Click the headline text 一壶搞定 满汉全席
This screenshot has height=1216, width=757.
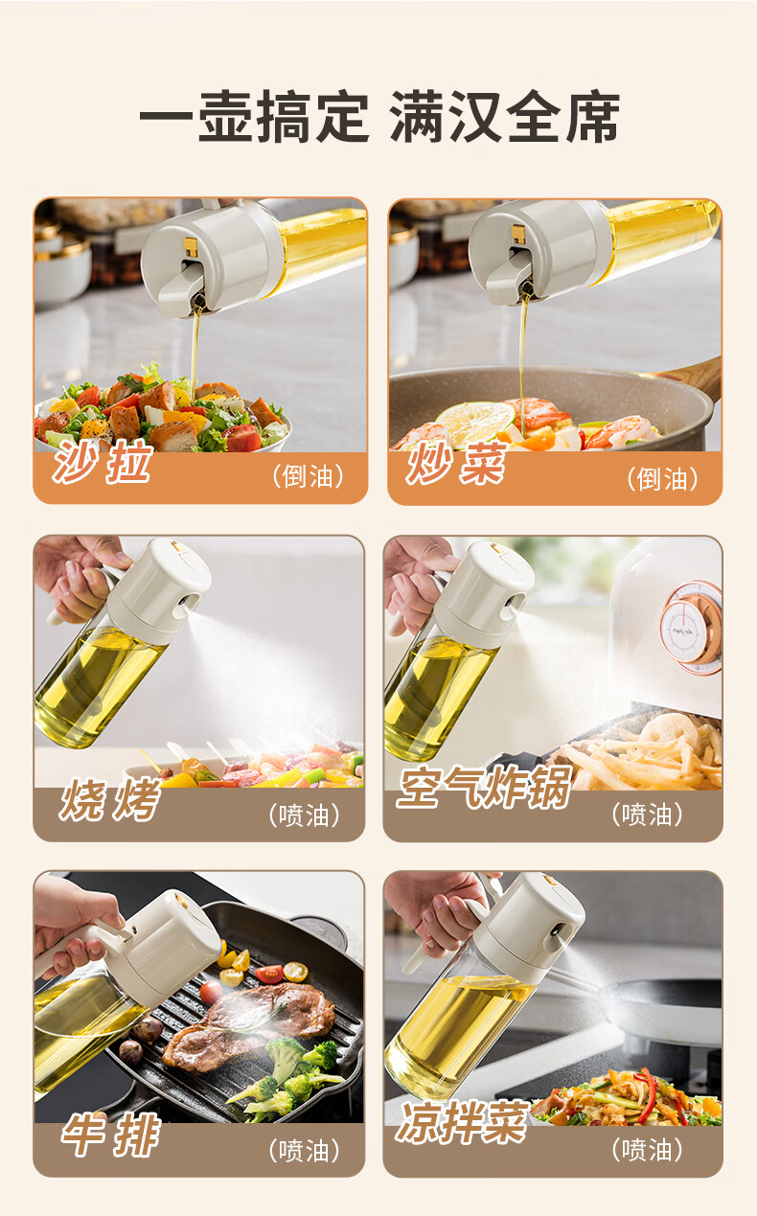tap(379, 117)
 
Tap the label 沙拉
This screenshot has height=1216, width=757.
tap(102, 462)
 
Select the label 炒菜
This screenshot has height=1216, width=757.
tap(456, 463)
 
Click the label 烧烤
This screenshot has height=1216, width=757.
tap(110, 799)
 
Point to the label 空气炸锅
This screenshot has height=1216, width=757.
tap(485, 787)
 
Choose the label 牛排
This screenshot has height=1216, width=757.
tap(110, 1135)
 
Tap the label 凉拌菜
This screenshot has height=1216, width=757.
tap(463, 1121)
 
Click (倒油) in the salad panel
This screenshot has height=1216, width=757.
tap(308, 476)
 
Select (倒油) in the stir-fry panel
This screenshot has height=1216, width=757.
tap(662, 479)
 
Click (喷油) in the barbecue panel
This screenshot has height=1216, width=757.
tap(304, 815)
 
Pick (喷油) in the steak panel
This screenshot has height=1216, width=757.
tap(304, 1150)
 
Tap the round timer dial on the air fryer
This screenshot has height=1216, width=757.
tap(691, 629)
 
